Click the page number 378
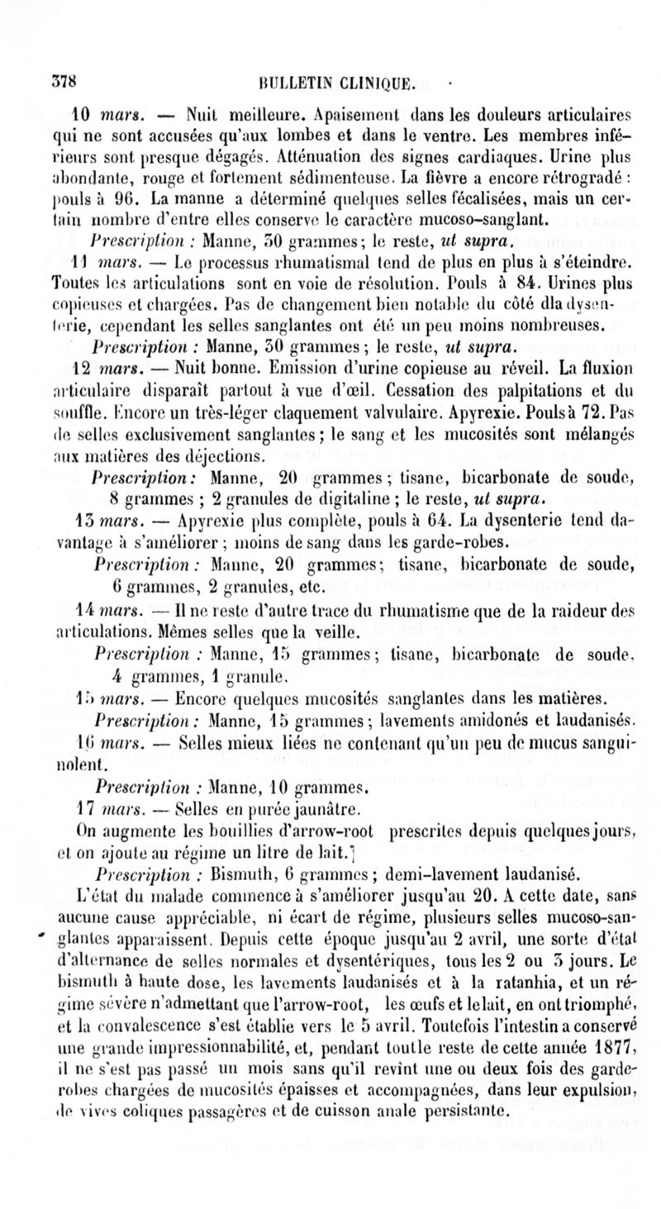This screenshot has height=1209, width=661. [63, 80]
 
